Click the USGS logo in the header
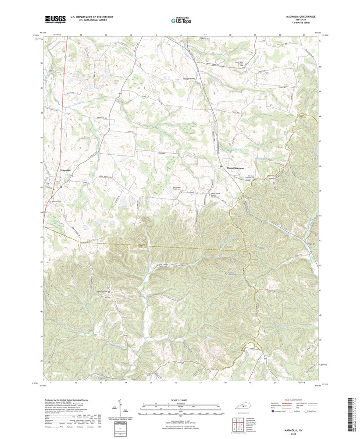tap(55, 19)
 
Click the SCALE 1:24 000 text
tap(180, 400)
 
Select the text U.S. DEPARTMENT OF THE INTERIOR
tap(92, 17)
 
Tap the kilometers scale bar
tap(180, 406)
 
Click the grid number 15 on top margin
tap(155, 34)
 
